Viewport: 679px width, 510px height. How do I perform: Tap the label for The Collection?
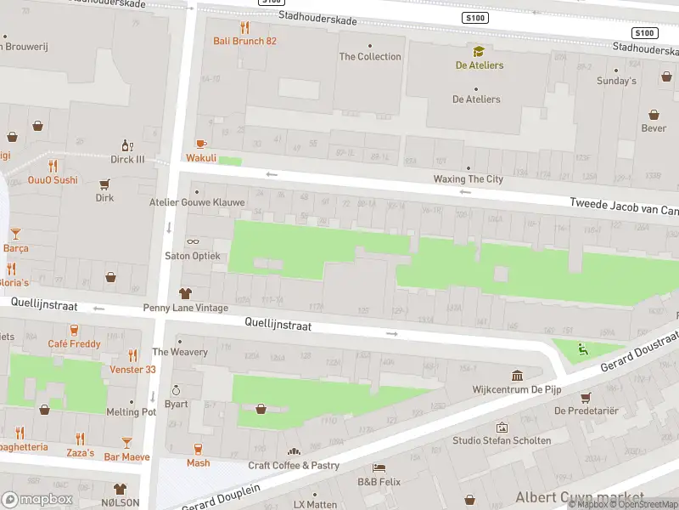tap(370, 56)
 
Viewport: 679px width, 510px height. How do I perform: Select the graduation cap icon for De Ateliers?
tap(479, 52)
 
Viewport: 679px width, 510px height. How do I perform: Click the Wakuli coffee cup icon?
tap(201, 144)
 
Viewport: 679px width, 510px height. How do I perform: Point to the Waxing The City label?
tap(468, 179)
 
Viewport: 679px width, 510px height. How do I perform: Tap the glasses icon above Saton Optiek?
tap(193, 242)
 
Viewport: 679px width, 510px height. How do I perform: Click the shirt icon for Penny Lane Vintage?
tap(185, 293)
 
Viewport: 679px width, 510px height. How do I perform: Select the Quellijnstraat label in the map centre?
tap(278, 325)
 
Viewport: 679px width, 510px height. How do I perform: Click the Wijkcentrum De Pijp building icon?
tap(518, 376)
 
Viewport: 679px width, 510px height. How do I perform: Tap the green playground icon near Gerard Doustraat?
tap(581, 348)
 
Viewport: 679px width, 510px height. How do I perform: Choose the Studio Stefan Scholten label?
tap(501, 440)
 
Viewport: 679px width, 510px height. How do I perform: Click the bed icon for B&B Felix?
tap(379, 468)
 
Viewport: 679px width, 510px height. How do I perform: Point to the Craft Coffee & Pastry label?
tap(294, 466)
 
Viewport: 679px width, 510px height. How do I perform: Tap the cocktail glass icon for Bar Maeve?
tap(126, 443)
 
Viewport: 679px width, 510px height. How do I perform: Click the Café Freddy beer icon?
tap(75, 330)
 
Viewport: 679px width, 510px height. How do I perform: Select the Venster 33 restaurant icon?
tap(132, 355)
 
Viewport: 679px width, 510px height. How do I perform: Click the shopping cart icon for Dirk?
tap(105, 184)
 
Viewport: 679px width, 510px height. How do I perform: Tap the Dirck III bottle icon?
tap(127, 145)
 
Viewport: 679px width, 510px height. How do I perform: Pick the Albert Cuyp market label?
tap(579, 496)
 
